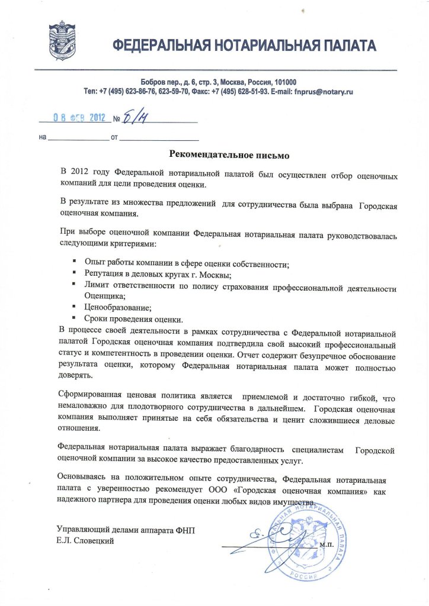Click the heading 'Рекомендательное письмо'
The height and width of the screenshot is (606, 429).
coord(229,155)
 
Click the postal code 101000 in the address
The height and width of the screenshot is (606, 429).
coord(284,82)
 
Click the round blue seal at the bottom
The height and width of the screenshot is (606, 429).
coord(303,539)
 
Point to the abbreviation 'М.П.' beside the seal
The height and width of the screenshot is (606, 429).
coord(326,543)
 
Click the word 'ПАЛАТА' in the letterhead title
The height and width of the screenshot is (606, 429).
coord(345,46)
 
